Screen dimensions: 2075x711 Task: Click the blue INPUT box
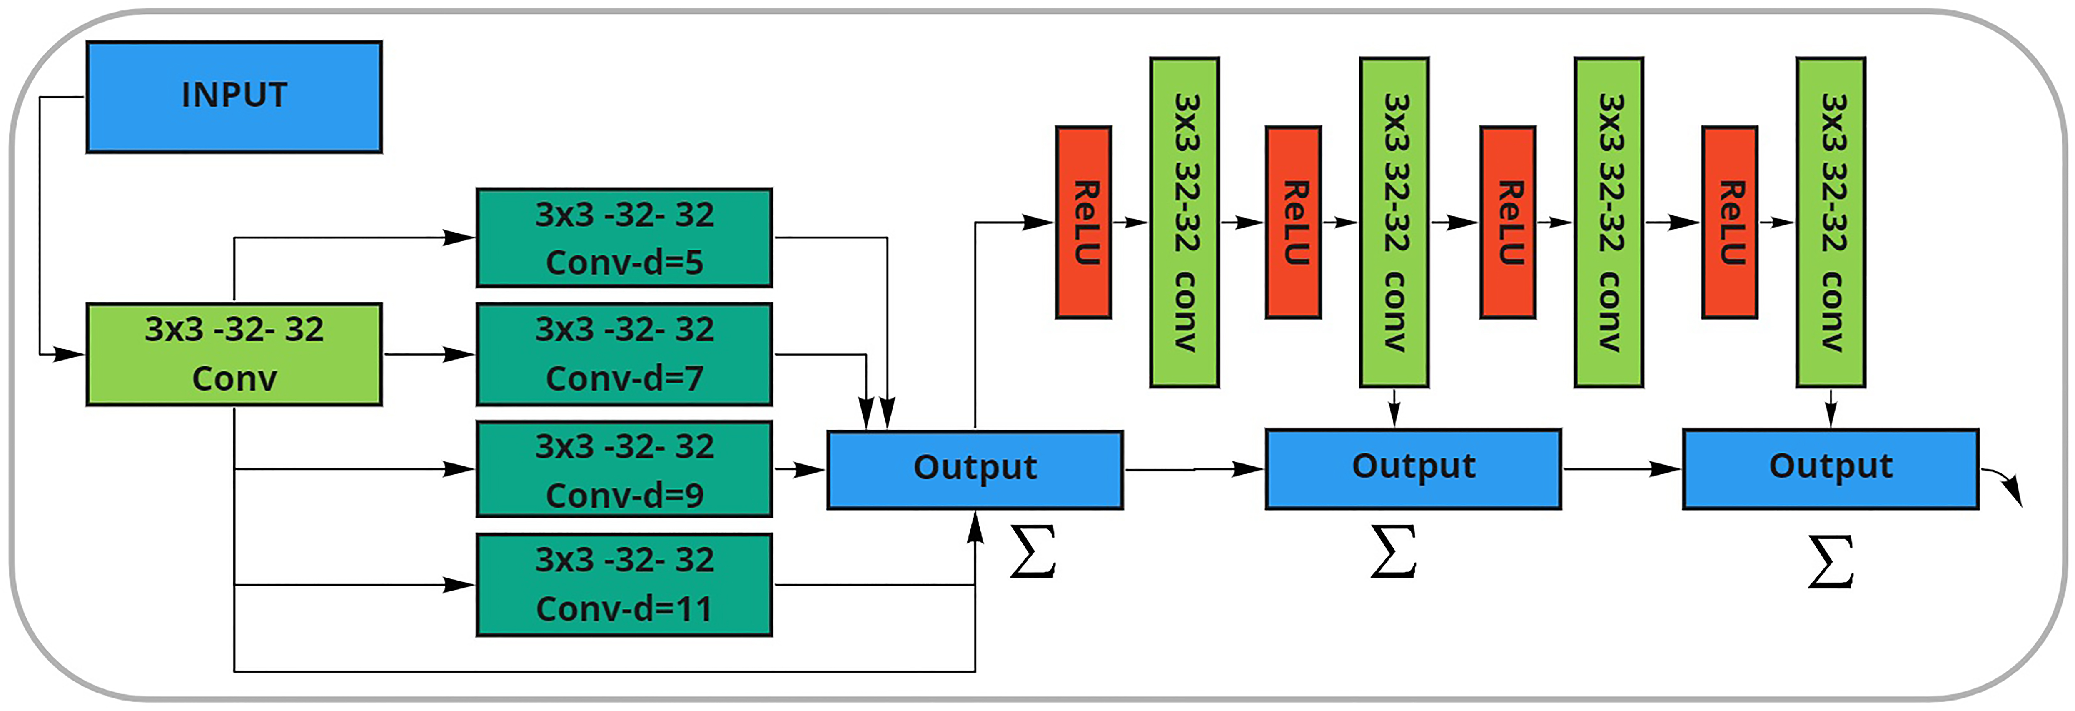[234, 97]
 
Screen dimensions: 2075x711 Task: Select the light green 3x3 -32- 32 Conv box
[234, 354]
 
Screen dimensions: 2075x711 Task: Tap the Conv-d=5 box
[624, 238]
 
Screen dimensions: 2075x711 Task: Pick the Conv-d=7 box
[624, 354]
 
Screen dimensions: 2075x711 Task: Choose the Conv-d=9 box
[624, 468]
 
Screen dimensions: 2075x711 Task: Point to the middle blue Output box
[1413, 468]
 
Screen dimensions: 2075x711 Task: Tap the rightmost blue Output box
[1830, 468]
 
